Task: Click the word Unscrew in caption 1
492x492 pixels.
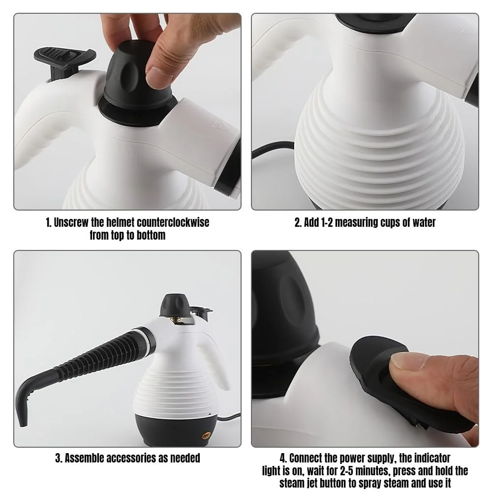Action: coord(71,222)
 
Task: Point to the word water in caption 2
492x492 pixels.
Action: coord(424,222)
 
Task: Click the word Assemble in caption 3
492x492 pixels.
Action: coord(84,458)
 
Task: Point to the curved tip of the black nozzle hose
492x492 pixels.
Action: coord(22,421)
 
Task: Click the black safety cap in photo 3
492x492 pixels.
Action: coord(174,305)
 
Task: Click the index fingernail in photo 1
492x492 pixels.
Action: coord(159,74)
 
